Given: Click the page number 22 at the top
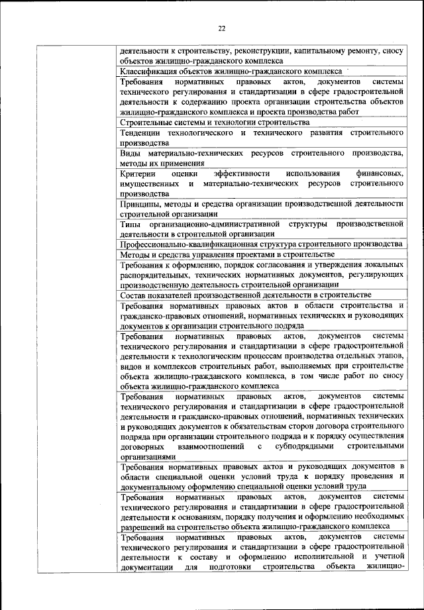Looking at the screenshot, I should [221, 28].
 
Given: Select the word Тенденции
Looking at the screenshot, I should [140, 133].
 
